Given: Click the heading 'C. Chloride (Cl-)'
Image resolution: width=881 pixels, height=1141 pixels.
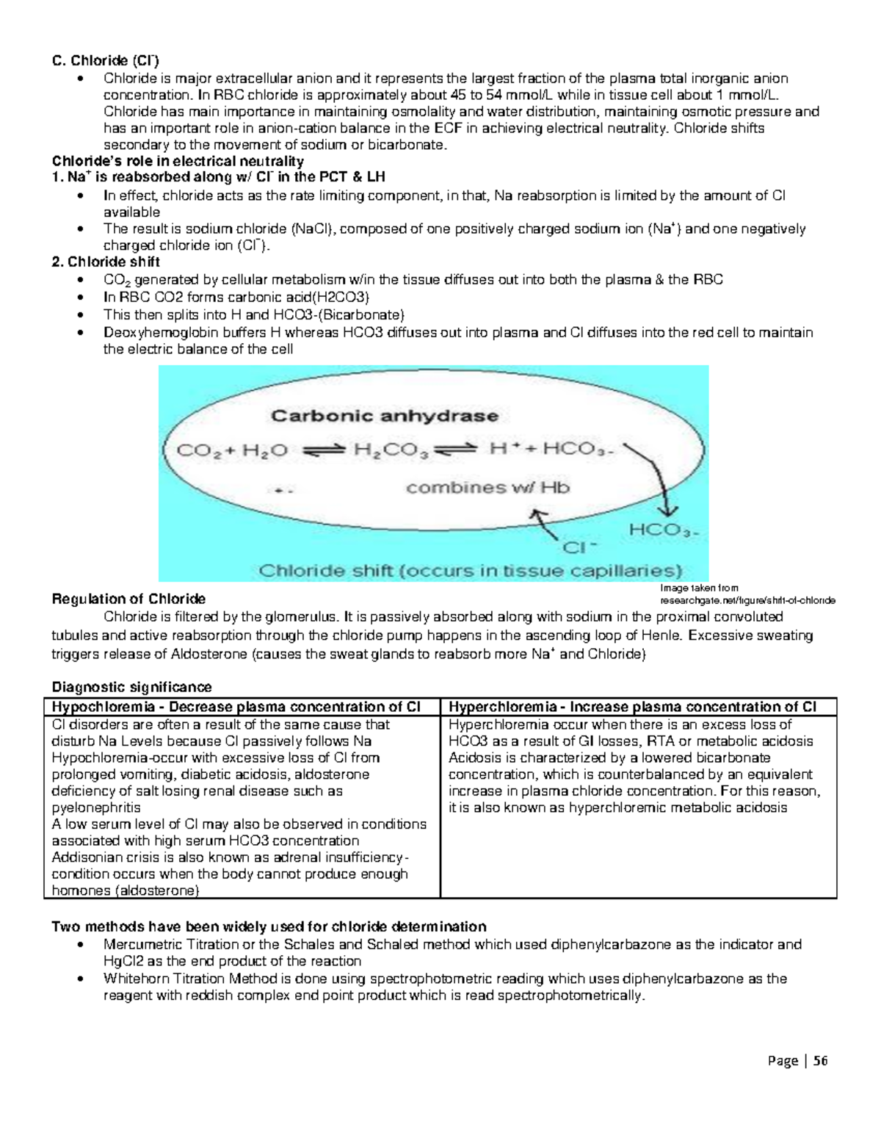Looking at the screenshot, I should point(105,60).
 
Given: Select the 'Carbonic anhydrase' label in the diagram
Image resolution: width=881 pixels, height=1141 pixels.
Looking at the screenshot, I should point(385,417).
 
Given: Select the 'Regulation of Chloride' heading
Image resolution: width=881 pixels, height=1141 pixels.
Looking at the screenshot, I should point(128,600).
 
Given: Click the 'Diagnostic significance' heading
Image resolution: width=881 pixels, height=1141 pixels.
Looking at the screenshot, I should point(131,687).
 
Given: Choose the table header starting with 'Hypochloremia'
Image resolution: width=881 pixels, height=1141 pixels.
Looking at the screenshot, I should point(236,707).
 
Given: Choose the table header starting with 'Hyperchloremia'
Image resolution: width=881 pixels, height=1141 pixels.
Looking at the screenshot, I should point(632,707).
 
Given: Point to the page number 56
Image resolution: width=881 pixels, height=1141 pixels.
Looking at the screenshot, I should point(820,1060).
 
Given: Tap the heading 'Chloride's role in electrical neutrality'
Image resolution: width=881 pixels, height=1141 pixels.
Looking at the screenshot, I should point(177,161).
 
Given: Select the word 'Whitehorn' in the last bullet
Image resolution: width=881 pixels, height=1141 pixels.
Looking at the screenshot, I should point(134,979).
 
